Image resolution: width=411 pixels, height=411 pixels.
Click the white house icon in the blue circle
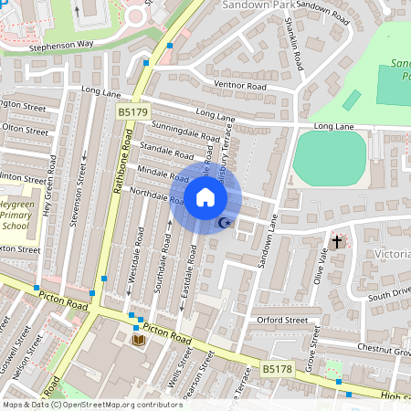pos(205,196)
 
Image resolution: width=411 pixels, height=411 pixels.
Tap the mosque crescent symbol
pos(223,223)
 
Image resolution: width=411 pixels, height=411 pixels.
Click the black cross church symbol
pos(337,242)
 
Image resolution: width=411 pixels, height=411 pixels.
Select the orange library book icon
pos(139,340)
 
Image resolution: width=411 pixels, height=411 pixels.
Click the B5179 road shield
pos(132,111)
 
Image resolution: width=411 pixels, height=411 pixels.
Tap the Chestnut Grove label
pos(385,348)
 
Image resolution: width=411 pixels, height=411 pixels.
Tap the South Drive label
pos(387,296)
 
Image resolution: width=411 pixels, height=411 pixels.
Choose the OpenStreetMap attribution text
pos(92,405)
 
